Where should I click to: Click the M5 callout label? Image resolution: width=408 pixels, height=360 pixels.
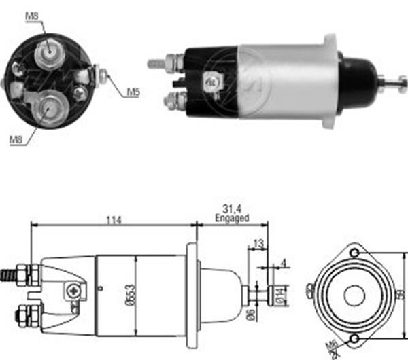pyautogui.click(x=131, y=92)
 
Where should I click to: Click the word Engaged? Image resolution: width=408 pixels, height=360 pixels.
pyautogui.click(x=232, y=219)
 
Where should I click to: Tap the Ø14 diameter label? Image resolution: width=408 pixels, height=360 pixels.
pyautogui.click(x=285, y=295)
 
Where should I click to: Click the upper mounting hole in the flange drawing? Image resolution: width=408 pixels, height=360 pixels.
pyautogui.click(x=355, y=253)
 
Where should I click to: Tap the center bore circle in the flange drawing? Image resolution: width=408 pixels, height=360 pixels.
pyautogui.click(x=354, y=295)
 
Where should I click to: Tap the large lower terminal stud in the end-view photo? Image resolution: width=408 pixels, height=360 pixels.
pyautogui.click(x=50, y=107)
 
